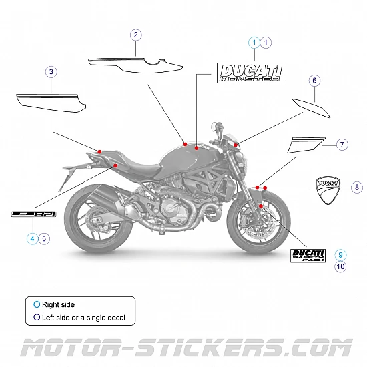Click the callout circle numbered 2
(135, 35)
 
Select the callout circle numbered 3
(51, 71)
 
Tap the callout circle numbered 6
(314, 81)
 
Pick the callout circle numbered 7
(341, 145)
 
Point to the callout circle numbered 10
(340, 266)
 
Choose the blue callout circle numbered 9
(340, 254)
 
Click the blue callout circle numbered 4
(32, 237)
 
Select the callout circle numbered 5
(44, 237)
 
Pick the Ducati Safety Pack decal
(308, 255)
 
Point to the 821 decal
(33, 214)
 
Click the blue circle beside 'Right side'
(37, 304)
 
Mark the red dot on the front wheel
(260, 207)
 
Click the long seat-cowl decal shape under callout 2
(136, 64)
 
